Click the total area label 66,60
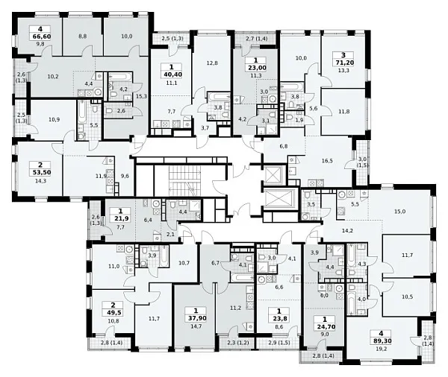click(x=40, y=37)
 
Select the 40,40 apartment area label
click(x=172, y=75)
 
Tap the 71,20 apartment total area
click(x=343, y=63)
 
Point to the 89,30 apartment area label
click(x=381, y=340)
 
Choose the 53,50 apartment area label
click(x=40, y=172)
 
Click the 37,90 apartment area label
click(x=196, y=318)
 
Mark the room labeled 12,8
click(x=212, y=63)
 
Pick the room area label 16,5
click(x=327, y=161)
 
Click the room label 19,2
click(x=381, y=348)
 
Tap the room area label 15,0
click(x=400, y=212)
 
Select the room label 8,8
click(x=82, y=37)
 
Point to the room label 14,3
click(x=40, y=180)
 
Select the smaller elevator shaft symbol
click(x=273, y=174)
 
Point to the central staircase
click(x=184, y=180)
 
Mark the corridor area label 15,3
click(x=141, y=96)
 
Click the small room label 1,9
click(x=299, y=121)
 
